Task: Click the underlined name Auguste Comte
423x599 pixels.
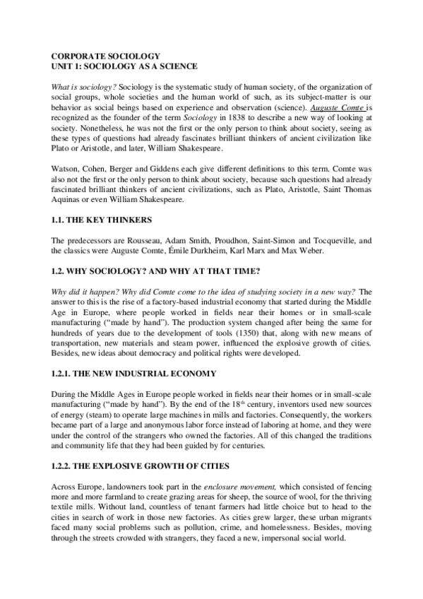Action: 342,107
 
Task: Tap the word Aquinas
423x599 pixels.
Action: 69,201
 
